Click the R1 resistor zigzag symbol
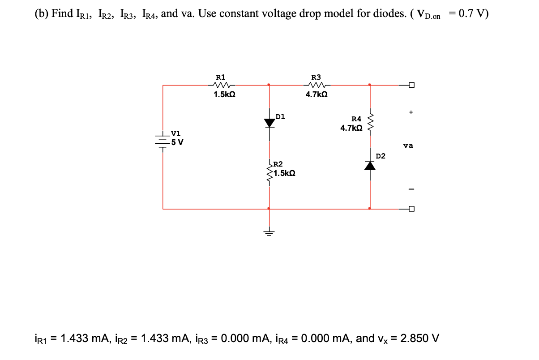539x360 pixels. point(222,85)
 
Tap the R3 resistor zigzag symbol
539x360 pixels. point(317,85)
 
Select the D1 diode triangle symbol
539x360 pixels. point(269,122)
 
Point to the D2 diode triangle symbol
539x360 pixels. point(369,165)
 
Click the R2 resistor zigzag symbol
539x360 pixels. point(269,173)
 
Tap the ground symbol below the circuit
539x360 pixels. point(269,232)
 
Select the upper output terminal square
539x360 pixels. point(411,85)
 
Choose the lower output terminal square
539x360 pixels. point(411,209)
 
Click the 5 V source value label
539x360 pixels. point(178,143)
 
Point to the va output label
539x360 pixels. point(408,145)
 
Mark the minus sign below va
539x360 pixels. point(411,189)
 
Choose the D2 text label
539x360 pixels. point(381,156)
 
